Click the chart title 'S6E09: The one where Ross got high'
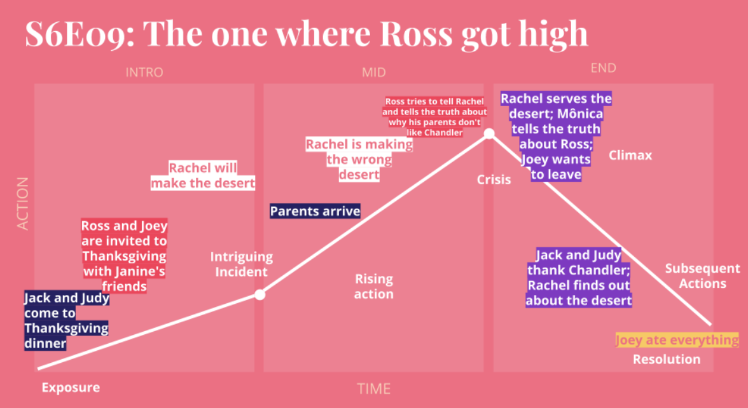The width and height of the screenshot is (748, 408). [307, 34]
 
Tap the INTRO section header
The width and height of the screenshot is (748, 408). [144, 72]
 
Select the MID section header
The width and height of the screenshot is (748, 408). [373, 72]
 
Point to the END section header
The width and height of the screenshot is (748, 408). [603, 67]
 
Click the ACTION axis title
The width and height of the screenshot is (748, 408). [22, 203]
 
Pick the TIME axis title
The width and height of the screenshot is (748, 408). [373, 389]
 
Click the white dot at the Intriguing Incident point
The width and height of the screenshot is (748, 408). [260, 295]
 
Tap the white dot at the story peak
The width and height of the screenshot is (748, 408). [489, 133]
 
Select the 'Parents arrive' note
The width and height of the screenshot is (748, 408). [315, 211]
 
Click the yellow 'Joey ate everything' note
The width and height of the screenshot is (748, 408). [677, 340]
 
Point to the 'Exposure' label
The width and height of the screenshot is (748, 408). [71, 388]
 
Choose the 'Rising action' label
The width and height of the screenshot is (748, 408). [373, 287]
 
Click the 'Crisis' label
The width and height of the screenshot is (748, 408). [494, 180]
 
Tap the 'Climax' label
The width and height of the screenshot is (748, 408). [630, 155]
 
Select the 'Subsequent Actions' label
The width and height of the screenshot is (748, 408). [703, 276]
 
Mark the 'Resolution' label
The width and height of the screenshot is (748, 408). [667, 360]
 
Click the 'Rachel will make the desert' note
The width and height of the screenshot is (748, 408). [203, 175]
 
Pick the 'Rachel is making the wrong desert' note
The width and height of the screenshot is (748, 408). [359, 159]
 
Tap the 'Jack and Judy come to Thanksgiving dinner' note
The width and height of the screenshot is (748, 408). [67, 320]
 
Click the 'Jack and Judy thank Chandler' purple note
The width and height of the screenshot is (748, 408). [579, 277]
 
